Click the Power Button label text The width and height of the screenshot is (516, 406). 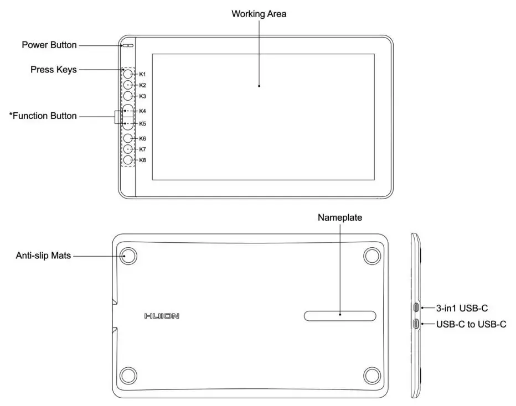coord(49,45)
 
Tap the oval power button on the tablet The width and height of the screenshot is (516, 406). coord(127,45)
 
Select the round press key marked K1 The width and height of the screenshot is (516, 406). coord(128,74)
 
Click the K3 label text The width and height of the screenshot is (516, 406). coord(142,96)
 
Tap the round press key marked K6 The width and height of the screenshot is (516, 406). coord(128,138)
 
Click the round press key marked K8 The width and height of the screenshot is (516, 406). coord(128,160)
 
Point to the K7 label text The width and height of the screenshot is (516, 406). coord(142,149)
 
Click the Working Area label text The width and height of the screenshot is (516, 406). coord(259,14)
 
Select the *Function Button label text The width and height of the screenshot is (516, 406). coord(43,116)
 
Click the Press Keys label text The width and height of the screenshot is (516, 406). coord(54,70)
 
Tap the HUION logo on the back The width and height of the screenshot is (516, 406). coord(162,316)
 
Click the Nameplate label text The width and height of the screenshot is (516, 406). coord(340,217)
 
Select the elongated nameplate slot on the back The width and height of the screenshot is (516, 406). coord(340,315)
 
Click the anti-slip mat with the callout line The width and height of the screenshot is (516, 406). coord(128,256)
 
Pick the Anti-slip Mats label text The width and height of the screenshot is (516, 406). coord(43,256)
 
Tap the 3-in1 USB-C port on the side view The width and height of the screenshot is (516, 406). coord(416,308)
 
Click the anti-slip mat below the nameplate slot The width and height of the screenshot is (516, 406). coord(372,374)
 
